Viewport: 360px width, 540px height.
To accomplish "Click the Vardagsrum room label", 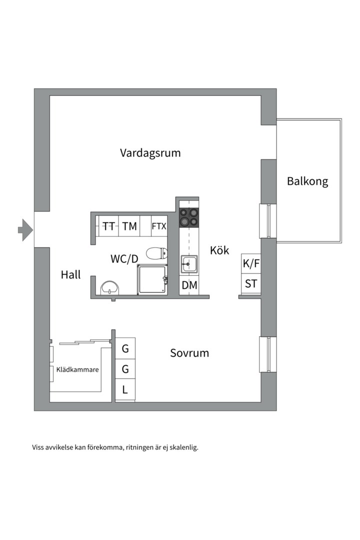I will point(150,153).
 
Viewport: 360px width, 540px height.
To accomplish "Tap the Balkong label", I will point(307,181).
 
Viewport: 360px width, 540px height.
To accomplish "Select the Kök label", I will point(219,250).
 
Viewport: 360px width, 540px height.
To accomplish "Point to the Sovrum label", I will point(189,353).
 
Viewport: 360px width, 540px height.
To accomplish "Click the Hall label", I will point(70,274).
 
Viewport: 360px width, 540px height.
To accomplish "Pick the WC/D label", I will point(124,258).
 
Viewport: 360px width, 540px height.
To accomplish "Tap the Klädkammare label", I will point(77,370).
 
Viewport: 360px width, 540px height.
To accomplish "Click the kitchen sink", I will point(189,263).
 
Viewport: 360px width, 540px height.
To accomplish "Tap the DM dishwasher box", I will point(189,285).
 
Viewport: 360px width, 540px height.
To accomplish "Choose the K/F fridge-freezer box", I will point(251,264).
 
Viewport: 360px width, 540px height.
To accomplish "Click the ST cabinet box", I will point(251,284).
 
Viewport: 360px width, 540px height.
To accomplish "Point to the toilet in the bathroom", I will point(156,253).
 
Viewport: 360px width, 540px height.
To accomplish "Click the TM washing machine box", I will point(129,226).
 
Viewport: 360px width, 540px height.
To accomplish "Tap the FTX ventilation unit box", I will point(159,226).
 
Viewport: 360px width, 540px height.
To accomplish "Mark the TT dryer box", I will point(108,226).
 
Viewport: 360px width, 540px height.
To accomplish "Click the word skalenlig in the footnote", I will point(183,447).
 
